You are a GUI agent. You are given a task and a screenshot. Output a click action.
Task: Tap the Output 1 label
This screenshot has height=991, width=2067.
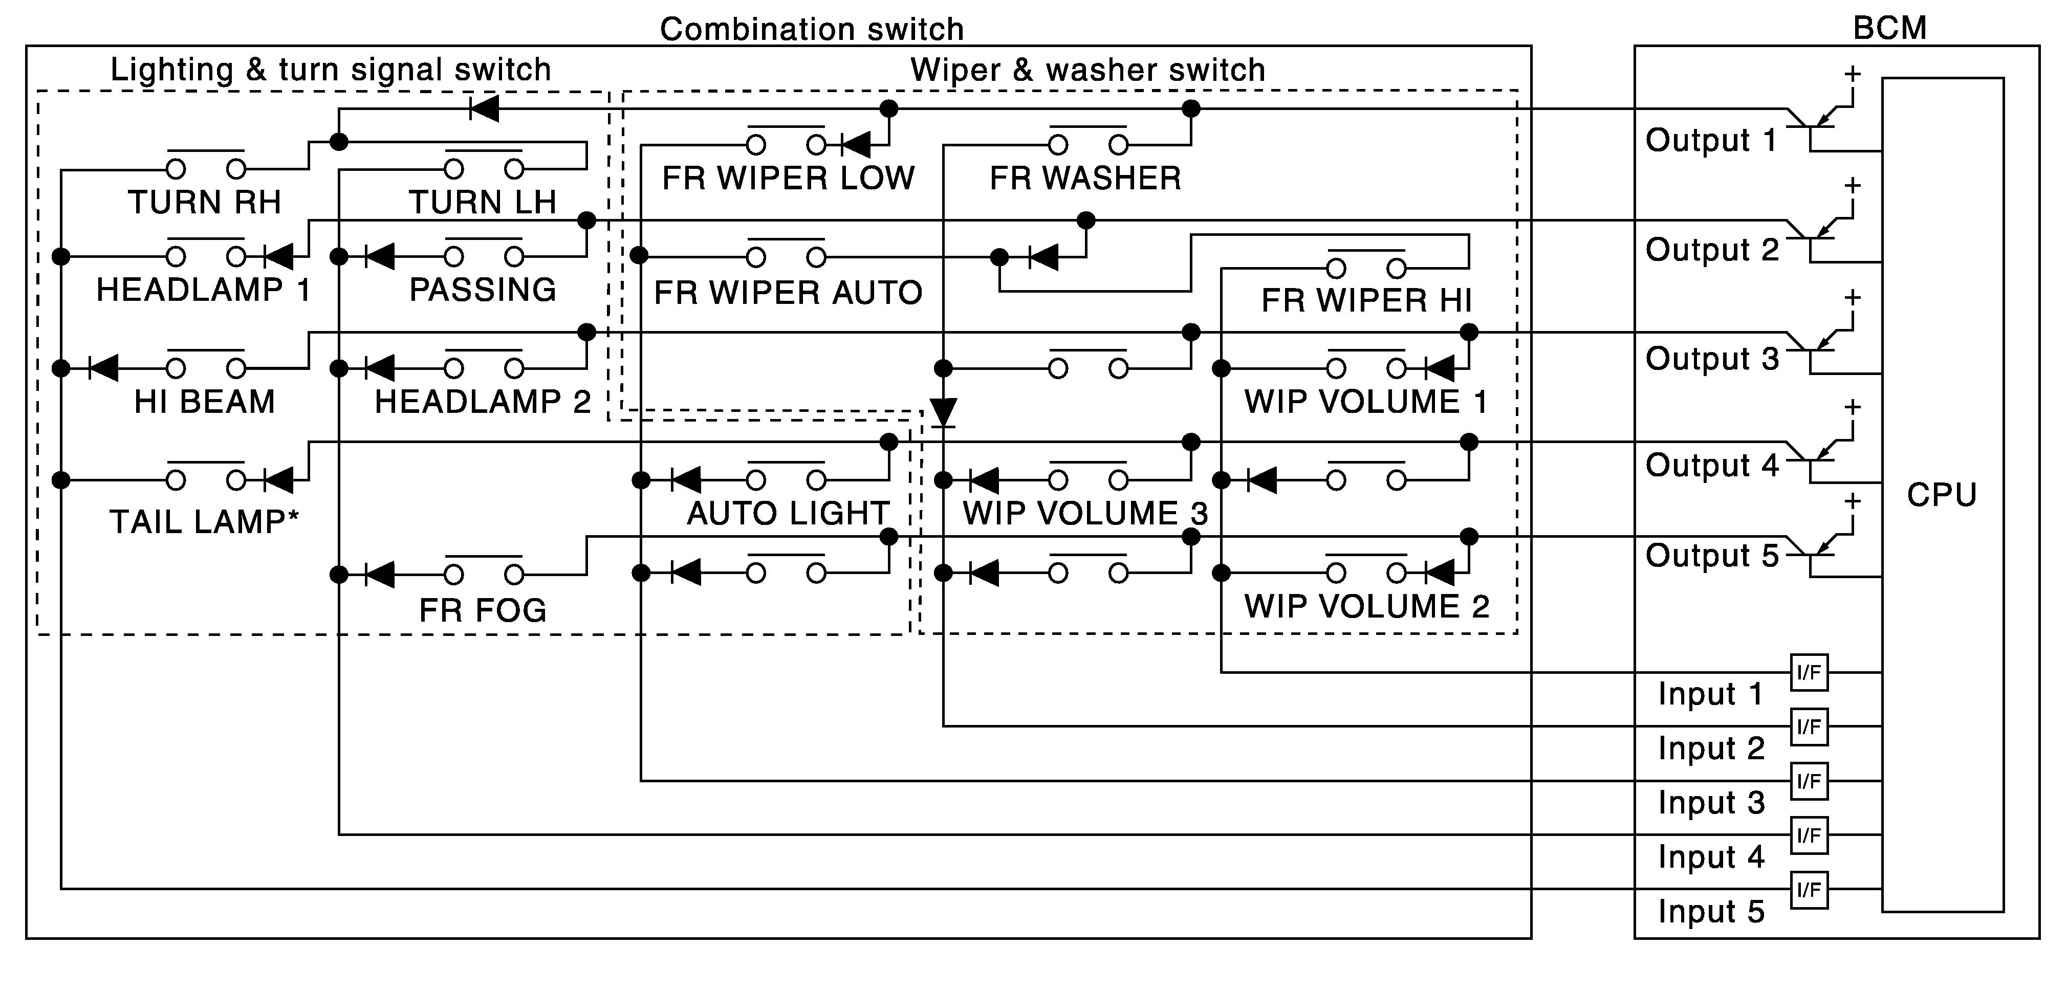point(1711,140)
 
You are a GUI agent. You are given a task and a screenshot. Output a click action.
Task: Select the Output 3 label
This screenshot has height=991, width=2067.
point(1711,359)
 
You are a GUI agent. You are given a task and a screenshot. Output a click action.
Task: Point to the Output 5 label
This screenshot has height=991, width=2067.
point(1711,555)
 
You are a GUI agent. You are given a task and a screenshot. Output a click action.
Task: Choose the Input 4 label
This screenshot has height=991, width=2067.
point(1711,857)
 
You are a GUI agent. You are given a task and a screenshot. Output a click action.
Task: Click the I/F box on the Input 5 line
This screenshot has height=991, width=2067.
point(1809,890)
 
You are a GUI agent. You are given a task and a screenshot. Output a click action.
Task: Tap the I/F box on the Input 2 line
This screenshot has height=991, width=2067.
point(1809,727)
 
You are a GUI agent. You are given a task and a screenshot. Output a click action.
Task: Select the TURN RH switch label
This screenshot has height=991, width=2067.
point(205,202)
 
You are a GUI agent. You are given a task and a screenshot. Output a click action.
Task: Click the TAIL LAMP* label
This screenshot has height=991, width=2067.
point(204,522)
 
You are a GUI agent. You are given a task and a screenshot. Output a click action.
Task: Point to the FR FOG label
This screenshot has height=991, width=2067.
point(482,611)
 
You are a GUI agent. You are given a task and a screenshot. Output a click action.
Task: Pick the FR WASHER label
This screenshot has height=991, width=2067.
point(1085,178)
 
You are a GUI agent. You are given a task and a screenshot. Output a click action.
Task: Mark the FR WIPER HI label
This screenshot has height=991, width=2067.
point(1366,301)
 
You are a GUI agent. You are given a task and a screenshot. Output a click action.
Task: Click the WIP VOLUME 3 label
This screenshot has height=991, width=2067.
point(1085,514)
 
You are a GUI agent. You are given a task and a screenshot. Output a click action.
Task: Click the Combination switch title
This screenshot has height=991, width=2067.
point(811,30)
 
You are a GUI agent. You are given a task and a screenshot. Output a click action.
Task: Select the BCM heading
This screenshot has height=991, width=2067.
point(1889,28)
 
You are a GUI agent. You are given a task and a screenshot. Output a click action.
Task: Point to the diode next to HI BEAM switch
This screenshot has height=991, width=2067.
point(103,368)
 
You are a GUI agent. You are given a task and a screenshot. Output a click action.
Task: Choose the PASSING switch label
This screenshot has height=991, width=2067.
point(482,290)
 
